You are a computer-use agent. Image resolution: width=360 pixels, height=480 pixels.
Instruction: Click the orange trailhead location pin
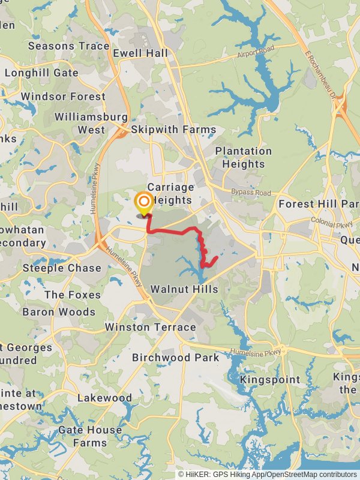click(144, 203)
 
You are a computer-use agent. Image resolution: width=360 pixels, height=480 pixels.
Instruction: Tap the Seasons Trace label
click(68, 46)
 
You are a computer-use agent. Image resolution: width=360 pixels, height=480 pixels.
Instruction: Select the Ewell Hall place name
click(140, 53)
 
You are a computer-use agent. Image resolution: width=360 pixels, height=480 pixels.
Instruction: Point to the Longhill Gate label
click(41, 73)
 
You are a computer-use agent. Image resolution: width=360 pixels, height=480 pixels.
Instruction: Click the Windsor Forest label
click(62, 96)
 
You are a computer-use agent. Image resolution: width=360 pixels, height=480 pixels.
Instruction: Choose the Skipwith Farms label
click(173, 130)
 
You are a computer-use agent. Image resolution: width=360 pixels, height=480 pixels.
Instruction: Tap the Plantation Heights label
click(243, 157)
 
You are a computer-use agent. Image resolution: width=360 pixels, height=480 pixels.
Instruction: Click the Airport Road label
click(255, 52)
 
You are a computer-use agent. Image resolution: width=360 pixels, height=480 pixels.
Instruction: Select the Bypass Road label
click(251, 193)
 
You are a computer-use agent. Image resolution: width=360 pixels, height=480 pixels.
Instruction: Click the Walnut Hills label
click(184, 289)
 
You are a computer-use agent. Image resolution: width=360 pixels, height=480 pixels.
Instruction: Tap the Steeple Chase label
click(62, 268)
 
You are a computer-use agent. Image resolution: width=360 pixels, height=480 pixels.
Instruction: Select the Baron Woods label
click(59, 312)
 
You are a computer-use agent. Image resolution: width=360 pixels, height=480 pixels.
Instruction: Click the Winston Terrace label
click(150, 327)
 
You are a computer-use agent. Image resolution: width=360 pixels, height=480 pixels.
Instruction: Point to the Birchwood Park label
click(176, 358)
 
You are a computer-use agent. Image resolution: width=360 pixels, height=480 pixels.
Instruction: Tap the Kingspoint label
click(269, 380)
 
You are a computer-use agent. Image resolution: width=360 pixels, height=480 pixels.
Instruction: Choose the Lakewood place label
click(104, 398)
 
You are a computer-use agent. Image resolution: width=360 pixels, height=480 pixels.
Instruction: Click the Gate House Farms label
click(89, 436)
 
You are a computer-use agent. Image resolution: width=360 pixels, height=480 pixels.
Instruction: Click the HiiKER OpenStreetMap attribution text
click(267, 474)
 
